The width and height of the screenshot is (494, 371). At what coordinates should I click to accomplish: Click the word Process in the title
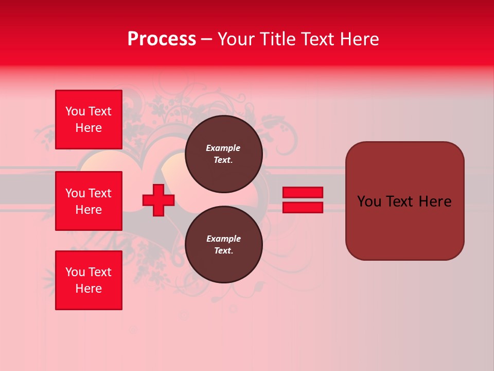point(162,39)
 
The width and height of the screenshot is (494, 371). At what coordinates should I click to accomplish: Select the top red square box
point(89,120)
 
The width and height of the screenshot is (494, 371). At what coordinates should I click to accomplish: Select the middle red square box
point(89,201)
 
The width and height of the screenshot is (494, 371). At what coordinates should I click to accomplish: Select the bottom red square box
point(89,280)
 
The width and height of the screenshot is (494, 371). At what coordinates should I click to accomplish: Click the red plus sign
point(158,200)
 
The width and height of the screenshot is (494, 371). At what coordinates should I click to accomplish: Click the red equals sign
point(303,200)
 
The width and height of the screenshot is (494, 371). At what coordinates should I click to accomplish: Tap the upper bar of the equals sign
point(303,192)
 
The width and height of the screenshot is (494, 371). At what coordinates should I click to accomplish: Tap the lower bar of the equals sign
point(303,208)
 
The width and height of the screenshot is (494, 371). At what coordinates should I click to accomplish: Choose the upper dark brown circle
point(223,154)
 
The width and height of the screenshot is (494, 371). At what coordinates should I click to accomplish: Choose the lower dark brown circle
point(223,245)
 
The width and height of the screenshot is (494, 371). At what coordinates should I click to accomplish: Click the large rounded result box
point(404,201)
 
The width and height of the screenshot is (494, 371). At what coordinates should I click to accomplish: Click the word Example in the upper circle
point(223,148)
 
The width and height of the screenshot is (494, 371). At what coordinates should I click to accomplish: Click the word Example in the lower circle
point(223,239)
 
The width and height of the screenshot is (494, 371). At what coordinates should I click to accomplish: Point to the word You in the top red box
point(75,111)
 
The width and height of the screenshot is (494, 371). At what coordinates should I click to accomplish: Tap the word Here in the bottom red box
point(89,289)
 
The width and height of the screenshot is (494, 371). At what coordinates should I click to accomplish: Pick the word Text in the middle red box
point(100,193)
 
